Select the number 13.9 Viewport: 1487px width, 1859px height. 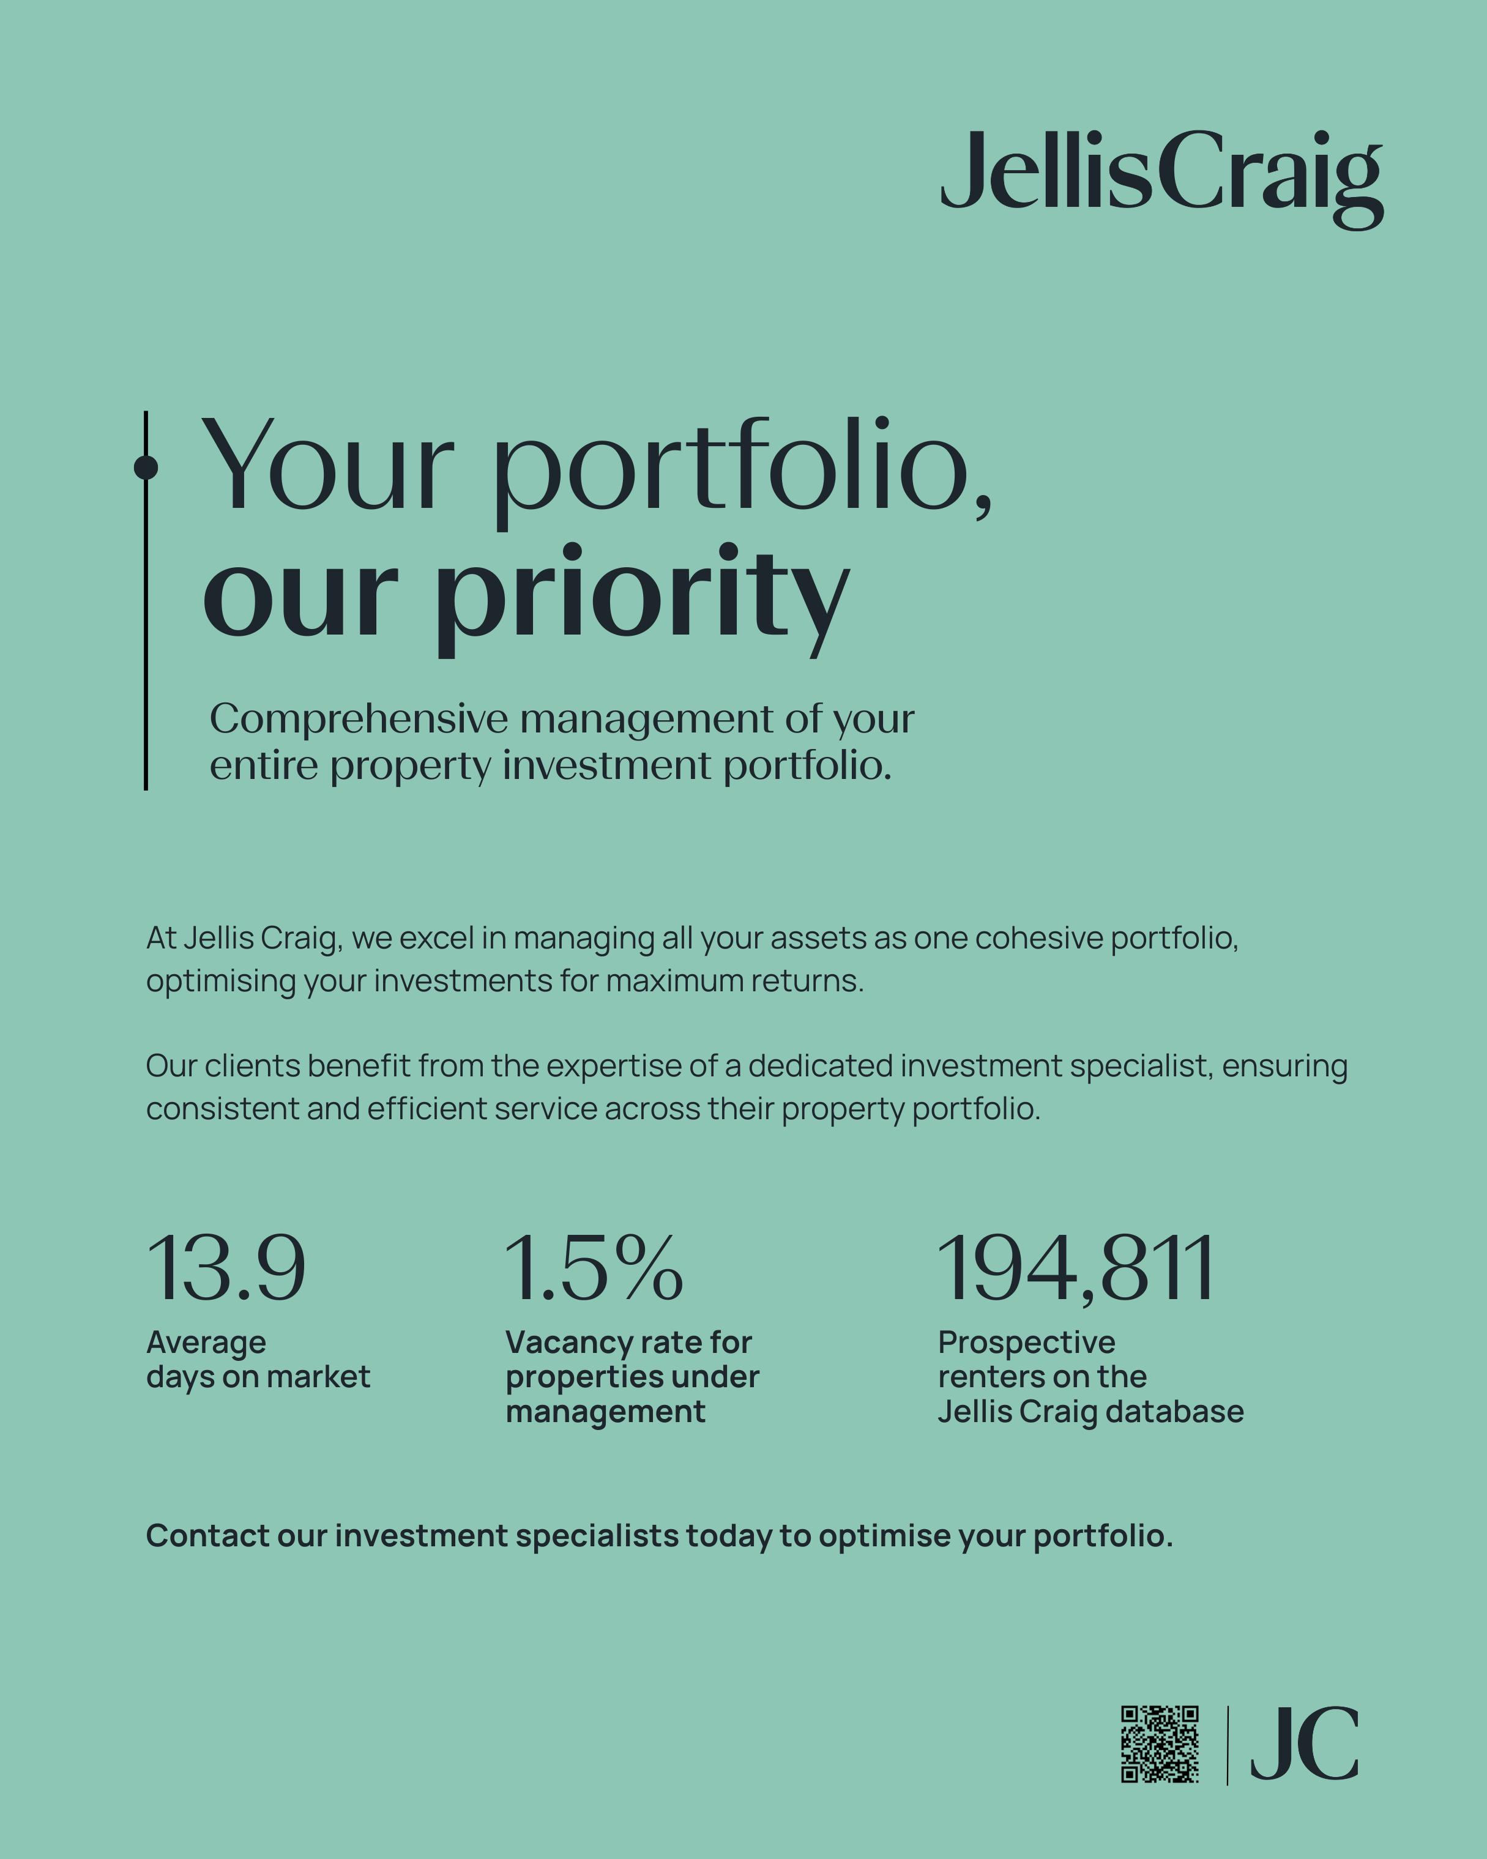(226, 1269)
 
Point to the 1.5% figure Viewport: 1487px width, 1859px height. (594, 1269)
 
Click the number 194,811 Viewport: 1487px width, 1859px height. (1076, 1269)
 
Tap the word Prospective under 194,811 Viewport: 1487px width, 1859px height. (1026, 1343)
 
